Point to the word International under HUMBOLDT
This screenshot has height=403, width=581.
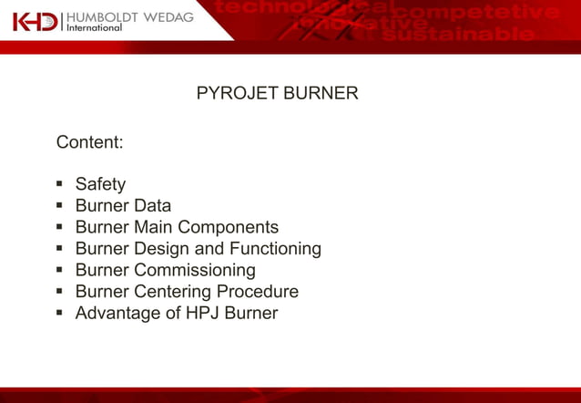click(96, 28)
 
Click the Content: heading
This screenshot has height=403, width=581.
click(90, 143)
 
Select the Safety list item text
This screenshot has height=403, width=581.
click(100, 184)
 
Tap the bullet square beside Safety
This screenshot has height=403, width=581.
click(60, 185)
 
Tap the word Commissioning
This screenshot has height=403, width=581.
click(195, 271)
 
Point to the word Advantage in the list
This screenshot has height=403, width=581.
click(116, 314)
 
